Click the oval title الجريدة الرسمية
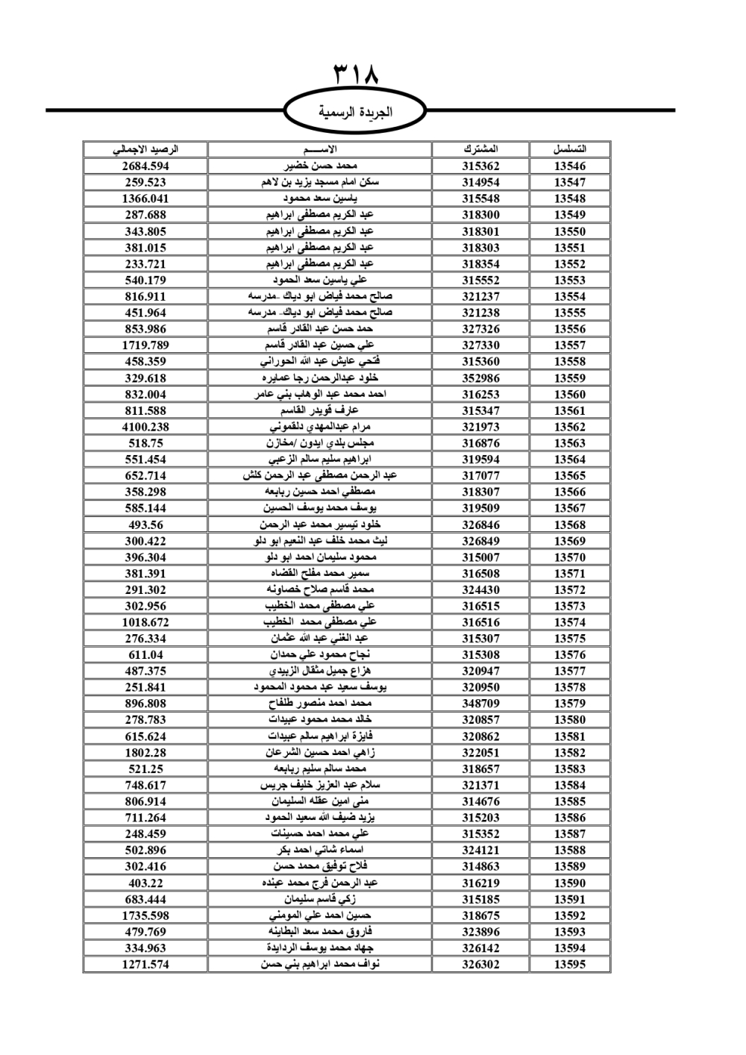point(355,112)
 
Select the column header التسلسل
point(570,149)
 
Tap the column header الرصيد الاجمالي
point(145,149)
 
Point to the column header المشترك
point(480,149)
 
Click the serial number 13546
point(570,166)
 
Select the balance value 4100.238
point(145,427)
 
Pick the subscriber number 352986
point(480,378)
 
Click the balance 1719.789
point(145,345)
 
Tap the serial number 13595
point(570,964)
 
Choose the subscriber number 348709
point(480,704)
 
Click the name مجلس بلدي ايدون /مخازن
point(320,443)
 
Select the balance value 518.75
point(145,443)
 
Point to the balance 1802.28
point(145,752)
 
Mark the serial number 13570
point(570,557)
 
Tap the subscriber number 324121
point(480,850)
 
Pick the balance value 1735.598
point(145,915)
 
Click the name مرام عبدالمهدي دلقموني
point(320,427)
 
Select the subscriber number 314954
point(480,182)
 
